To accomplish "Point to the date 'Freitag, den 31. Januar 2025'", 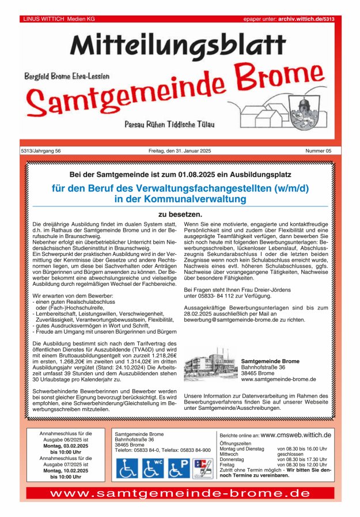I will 179,151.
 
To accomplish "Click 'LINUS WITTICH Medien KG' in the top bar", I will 59,19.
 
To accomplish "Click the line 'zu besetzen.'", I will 180,214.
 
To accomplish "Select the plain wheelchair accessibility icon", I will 127,468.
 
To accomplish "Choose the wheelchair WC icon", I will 153,468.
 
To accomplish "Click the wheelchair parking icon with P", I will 179,468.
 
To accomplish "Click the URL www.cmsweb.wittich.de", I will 295,435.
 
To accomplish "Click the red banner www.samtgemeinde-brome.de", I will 180,493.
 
